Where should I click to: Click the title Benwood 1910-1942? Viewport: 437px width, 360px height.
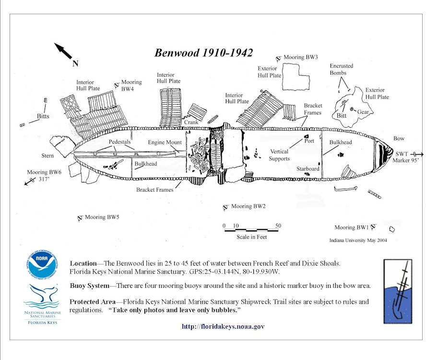tap(203, 52)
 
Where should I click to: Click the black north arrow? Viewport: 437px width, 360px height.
tap(63, 50)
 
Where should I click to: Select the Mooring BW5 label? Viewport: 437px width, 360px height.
tap(102, 217)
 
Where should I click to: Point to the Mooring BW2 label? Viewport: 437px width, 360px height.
tap(248, 206)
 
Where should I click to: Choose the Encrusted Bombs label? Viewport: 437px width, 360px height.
tap(342, 69)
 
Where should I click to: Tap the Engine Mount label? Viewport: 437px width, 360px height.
tap(165, 142)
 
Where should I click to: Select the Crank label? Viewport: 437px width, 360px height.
tap(191, 122)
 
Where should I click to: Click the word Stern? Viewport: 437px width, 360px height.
tap(47, 156)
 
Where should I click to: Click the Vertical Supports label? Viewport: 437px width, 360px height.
tap(279, 155)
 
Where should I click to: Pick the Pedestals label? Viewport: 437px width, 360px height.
tap(120, 142)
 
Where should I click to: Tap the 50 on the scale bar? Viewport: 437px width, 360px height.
tap(278, 226)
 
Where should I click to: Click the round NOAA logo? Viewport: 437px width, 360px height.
tap(42, 265)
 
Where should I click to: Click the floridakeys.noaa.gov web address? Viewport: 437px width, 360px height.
tap(223, 326)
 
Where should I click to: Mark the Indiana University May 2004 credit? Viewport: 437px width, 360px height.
tap(358, 240)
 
